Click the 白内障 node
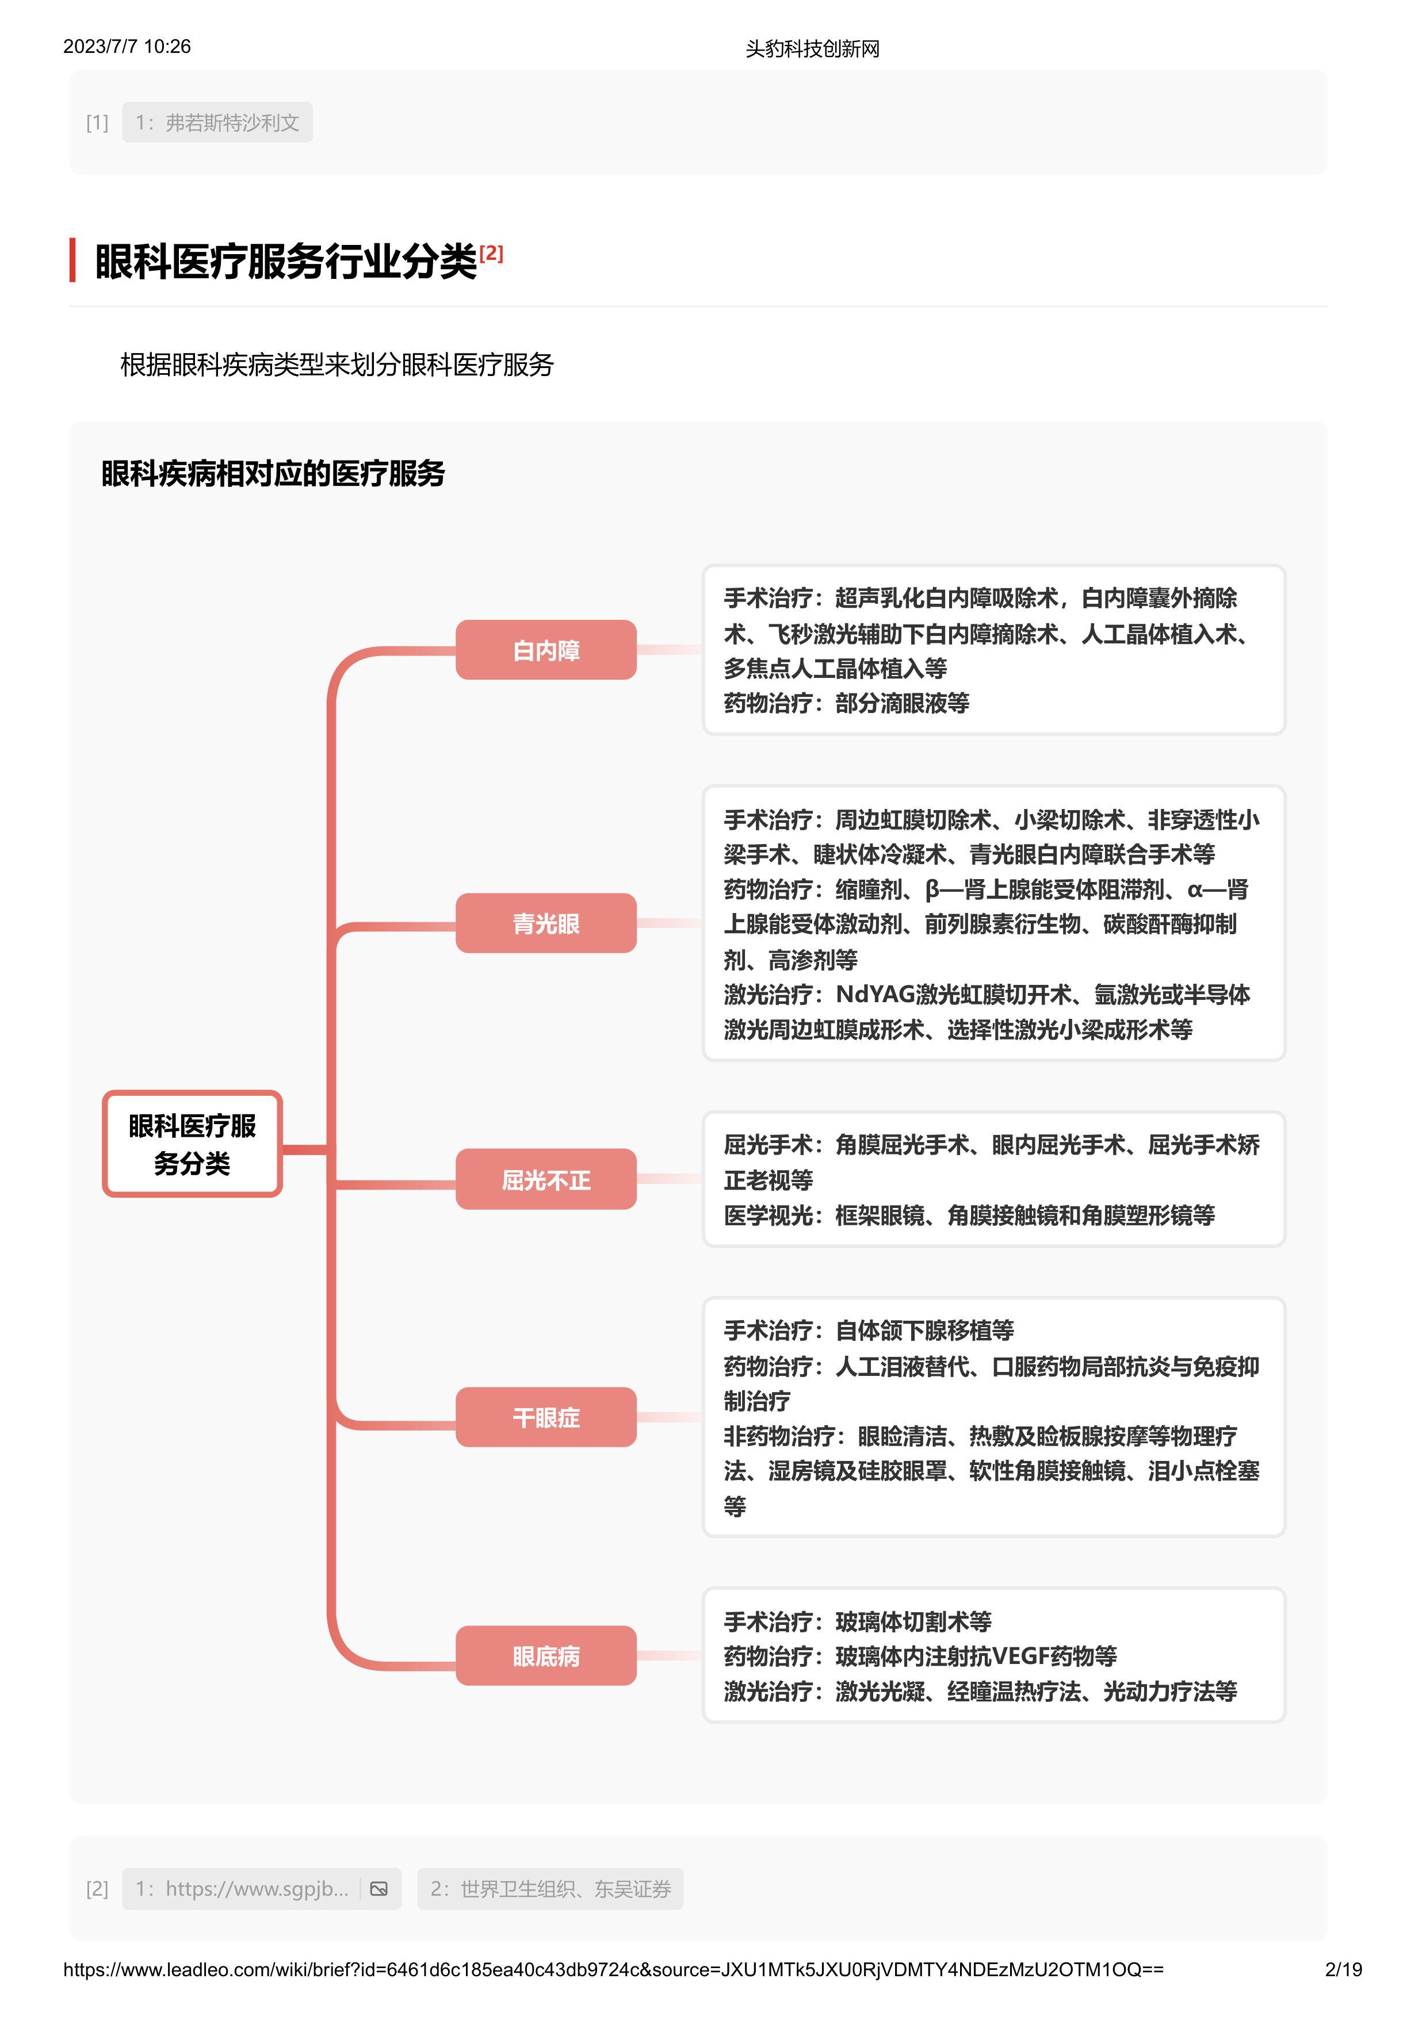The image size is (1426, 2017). (546, 650)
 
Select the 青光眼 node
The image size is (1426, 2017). (546, 923)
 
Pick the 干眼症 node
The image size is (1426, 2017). (546, 1417)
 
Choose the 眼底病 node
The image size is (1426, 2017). (546, 1656)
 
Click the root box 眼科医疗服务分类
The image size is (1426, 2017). (192, 1144)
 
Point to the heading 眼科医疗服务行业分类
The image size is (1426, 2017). (285, 262)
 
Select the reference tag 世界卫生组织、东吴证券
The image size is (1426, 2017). (550, 1889)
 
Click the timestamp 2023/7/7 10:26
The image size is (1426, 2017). (127, 47)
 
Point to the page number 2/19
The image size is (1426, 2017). (1343, 1969)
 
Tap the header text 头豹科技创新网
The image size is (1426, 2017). (812, 48)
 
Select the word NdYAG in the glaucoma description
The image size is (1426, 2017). (875, 995)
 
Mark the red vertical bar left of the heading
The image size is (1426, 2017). (73, 260)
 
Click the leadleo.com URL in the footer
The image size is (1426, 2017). (613, 1969)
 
